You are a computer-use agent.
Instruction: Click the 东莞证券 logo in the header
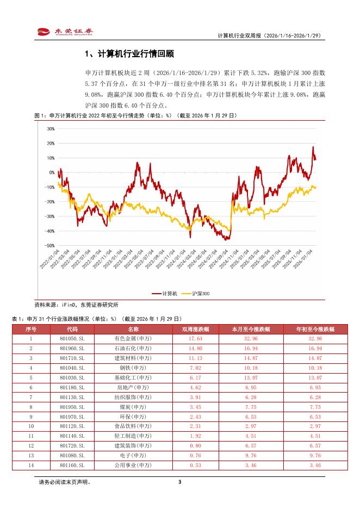pyautogui.click(x=64, y=32)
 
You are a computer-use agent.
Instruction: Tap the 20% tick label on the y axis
pyautogui.click(x=51, y=144)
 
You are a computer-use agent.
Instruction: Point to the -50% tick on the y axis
pyautogui.click(x=50, y=246)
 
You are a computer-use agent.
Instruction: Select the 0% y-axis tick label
pyautogui.click(x=52, y=172)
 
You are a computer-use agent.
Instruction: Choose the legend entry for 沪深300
pyautogui.click(x=197, y=294)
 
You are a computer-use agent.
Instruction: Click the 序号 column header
pyautogui.click(x=31, y=329)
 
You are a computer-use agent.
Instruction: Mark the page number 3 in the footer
pyautogui.click(x=179, y=482)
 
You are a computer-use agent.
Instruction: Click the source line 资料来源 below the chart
pyautogui.click(x=76, y=305)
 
